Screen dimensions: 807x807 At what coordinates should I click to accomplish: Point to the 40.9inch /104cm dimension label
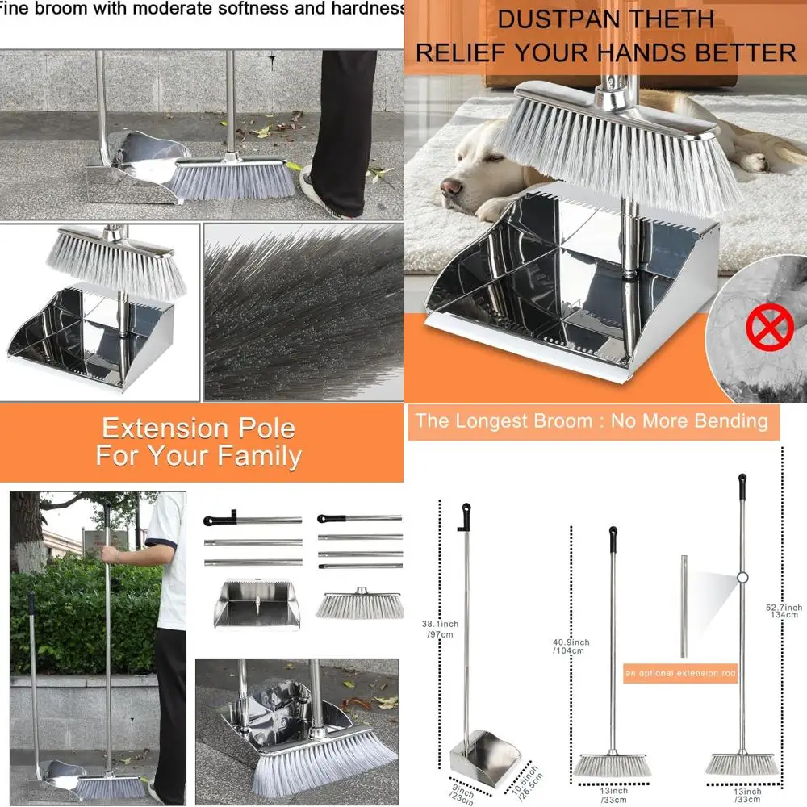(x=571, y=646)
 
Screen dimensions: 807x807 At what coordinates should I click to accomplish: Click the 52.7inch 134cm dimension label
(x=784, y=610)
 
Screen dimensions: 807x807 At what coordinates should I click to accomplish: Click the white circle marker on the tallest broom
(x=742, y=577)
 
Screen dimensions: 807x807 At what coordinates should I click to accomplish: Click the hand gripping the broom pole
(x=111, y=555)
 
